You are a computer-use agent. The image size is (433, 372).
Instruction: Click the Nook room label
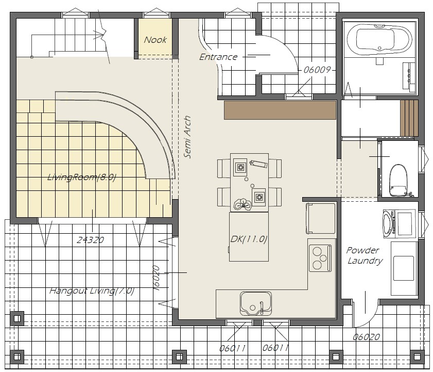pos(155,40)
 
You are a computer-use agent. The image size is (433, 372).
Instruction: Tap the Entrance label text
pos(218,57)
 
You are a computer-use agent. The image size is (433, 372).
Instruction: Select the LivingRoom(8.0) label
pos(81,177)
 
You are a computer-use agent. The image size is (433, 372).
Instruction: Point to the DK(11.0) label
pos(249,239)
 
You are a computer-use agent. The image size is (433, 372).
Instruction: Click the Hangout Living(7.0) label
pos(92,290)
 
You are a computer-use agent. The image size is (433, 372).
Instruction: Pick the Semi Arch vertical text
pos(187,137)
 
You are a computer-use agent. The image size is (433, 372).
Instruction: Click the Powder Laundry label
pos(364,255)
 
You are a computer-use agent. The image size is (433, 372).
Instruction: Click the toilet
pos(398,180)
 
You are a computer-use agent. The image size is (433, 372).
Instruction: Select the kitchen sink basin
pos(256,303)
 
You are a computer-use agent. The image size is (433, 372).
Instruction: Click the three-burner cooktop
pos(320,258)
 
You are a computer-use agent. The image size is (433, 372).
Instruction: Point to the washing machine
pos(399,223)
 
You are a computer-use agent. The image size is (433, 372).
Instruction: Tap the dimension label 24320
pos(90,240)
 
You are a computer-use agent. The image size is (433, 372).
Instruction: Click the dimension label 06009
pos(317,70)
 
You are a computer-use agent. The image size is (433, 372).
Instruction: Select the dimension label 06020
pos(366,337)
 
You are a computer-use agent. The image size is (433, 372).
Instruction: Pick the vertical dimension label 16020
pos(157,278)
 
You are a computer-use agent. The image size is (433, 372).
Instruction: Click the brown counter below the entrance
pos(280,110)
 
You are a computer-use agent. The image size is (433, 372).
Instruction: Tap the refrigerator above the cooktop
pos(321,218)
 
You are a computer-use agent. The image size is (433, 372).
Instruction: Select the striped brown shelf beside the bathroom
pos(409,119)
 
